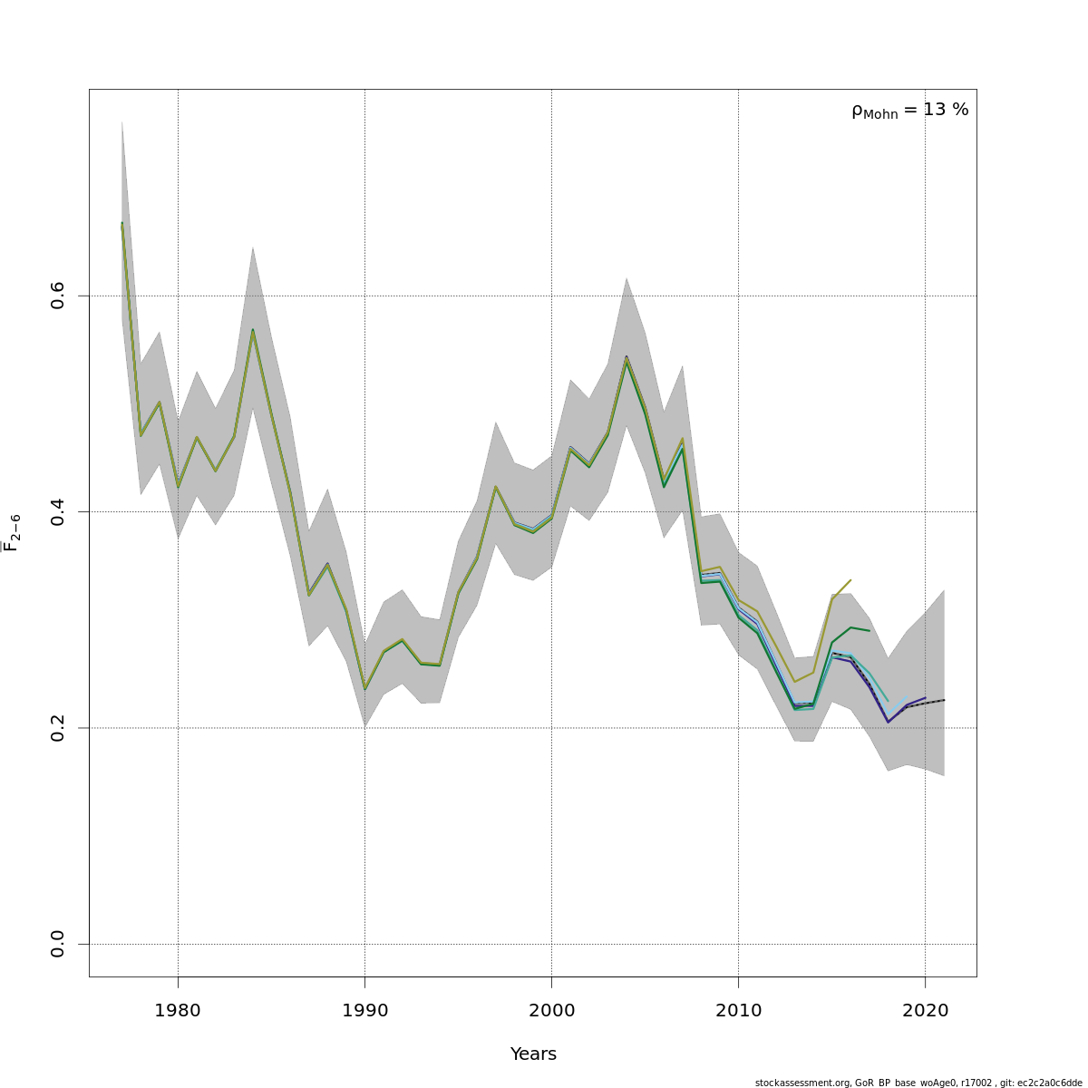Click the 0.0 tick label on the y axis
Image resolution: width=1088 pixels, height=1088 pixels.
[58, 944]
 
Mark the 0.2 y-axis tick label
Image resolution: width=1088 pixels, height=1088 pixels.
[58, 728]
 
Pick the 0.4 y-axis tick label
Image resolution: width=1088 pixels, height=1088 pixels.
[58, 511]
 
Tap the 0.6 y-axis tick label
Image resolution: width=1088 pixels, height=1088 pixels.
[58, 296]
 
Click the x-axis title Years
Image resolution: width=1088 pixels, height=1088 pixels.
[533, 1054]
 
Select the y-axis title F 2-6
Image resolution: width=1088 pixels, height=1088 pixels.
[12, 533]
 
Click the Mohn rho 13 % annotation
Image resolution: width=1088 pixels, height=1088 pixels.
[909, 111]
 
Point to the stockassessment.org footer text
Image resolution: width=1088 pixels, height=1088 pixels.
[918, 1083]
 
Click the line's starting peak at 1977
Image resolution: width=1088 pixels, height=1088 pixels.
[121, 223]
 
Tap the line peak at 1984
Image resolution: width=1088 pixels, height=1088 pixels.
[253, 330]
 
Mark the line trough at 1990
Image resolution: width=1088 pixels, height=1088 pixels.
[364, 690]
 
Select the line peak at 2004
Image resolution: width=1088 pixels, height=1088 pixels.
[626, 359]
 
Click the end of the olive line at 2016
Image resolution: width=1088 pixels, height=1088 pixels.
[850, 580]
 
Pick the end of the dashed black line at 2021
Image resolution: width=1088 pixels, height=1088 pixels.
[944, 700]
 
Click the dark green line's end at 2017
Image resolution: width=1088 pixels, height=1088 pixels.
[869, 630]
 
